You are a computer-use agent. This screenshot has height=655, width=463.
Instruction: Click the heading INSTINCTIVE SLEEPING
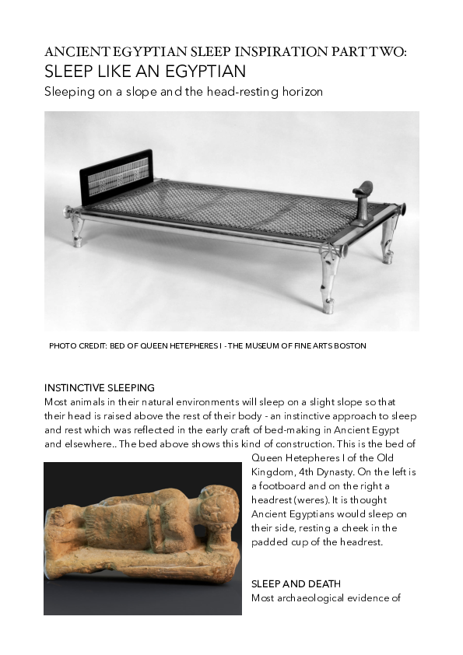click(100, 387)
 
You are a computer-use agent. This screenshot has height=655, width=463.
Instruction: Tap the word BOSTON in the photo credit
click(348, 345)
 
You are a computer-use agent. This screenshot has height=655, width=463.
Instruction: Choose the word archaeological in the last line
click(312, 598)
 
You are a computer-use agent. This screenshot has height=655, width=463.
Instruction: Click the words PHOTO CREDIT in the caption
click(76, 345)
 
